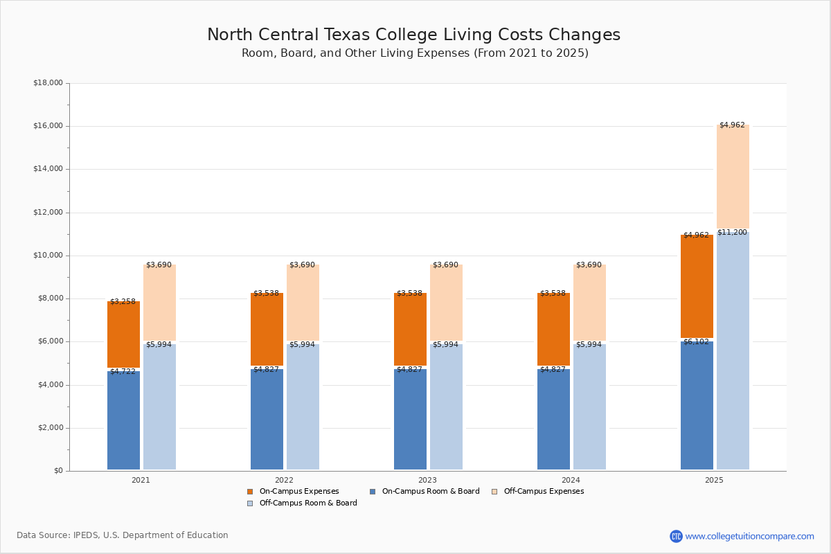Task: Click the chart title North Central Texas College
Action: point(413,35)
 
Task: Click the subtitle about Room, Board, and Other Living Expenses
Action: point(415,53)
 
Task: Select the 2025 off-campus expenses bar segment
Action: point(733,177)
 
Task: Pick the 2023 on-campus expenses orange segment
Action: point(410,329)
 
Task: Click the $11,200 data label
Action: point(732,233)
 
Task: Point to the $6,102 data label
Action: point(696,342)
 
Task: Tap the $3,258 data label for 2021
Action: point(123,302)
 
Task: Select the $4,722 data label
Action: point(123,372)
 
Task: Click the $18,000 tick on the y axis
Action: point(48,83)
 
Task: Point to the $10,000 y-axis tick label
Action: point(48,256)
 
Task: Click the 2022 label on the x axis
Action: point(284,480)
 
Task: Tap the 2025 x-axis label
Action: point(714,480)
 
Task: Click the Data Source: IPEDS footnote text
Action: point(123,535)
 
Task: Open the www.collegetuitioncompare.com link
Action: point(749,536)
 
